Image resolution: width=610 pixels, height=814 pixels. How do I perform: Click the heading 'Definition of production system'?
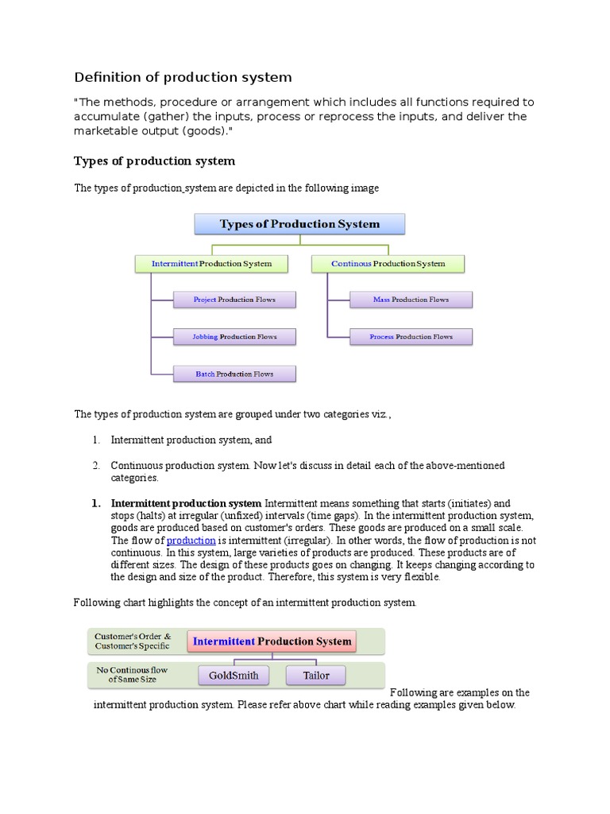coord(183,77)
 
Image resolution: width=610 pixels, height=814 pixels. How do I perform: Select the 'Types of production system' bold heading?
coord(154,161)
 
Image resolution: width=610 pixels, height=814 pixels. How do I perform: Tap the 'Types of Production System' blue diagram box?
coord(299,224)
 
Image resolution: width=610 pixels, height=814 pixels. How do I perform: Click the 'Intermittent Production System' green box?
coord(211,264)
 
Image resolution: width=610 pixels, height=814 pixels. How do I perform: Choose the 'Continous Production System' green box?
coord(388,264)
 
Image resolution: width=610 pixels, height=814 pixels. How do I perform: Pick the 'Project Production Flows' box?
coord(234,300)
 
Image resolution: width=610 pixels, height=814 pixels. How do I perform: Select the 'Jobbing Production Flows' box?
coord(234,337)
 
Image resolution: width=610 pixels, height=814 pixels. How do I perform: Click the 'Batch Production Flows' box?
coord(234,374)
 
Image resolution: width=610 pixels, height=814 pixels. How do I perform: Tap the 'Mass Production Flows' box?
coord(411,300)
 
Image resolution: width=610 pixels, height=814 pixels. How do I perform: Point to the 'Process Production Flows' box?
coord(411,337)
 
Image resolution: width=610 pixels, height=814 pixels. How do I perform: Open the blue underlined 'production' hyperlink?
coord(191,541)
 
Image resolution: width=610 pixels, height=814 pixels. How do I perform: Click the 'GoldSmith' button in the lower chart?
coord(234,676)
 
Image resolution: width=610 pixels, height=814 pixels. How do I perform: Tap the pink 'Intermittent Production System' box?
coord(272,642)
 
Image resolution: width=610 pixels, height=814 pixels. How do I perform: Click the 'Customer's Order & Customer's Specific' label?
coord(133,641)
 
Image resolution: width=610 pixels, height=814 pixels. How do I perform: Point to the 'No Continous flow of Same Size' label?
coord(133,675)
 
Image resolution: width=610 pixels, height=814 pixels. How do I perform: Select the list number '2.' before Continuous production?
coord(95,465)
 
